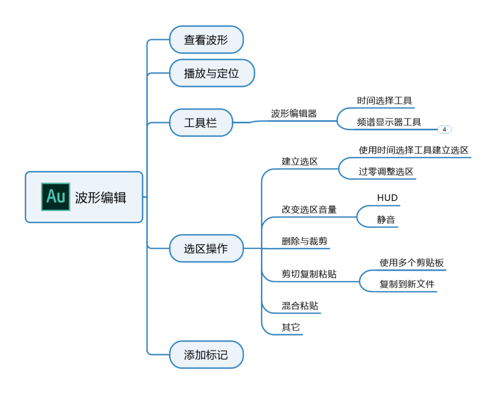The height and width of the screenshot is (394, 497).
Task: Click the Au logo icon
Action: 56,197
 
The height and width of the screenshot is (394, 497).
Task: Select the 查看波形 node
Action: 206,40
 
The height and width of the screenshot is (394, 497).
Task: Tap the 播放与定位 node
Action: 212,73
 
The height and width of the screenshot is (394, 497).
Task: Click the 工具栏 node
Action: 201,123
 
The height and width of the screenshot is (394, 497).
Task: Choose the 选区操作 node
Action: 206,249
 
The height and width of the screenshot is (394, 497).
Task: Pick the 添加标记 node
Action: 206,355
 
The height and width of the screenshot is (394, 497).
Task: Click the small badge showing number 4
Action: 445,130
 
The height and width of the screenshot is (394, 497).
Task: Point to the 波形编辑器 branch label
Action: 294,114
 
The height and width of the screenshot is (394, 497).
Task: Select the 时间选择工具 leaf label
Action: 385,101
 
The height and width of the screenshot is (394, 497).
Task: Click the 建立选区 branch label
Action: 300,161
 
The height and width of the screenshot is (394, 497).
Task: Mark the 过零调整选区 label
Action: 386,172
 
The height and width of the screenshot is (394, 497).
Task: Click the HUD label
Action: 387,198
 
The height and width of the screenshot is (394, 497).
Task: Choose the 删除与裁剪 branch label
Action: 305,241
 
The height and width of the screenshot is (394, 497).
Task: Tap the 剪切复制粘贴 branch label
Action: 309,274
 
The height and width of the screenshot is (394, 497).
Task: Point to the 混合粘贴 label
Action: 300,306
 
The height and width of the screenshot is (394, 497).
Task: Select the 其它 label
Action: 291,327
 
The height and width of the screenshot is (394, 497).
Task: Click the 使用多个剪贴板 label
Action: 412,263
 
